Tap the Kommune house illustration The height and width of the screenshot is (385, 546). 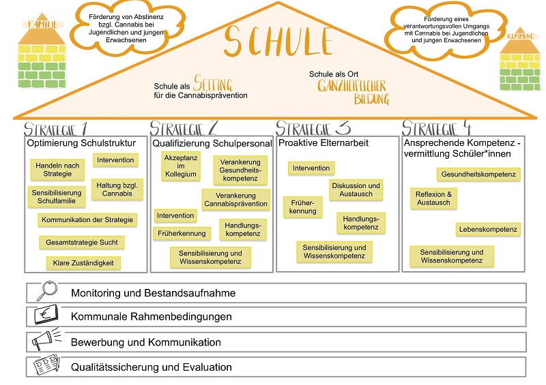pos(521,63)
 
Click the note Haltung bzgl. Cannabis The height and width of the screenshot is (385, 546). pos(115,189)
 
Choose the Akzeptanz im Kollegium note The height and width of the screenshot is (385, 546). pos(180,166)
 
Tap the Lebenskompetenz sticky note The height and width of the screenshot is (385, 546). pos(488,230)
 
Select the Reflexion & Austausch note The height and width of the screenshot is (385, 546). pos(433,198)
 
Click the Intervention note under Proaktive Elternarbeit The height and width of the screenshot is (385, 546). pos(311,168)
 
